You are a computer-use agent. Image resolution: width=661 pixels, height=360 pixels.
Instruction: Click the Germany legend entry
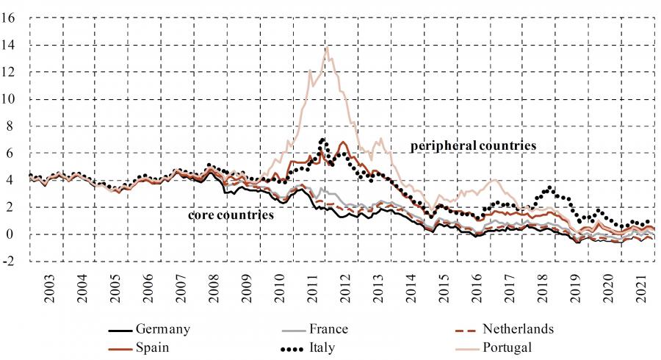[162, 328]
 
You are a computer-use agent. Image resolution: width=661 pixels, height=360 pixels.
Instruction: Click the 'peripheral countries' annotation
[473, 146]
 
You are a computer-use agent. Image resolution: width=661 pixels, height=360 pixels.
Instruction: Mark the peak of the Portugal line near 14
[325, 48]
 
